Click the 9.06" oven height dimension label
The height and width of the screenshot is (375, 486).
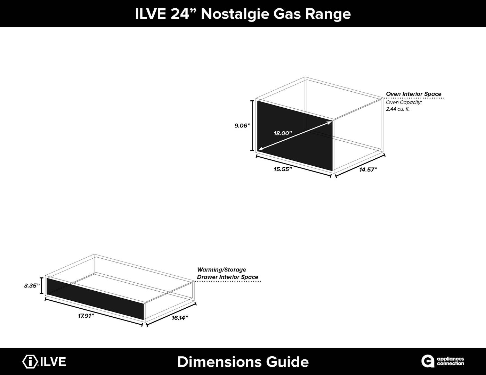242,126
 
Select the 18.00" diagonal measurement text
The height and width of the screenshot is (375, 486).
283,133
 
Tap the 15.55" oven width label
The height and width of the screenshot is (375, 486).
283,169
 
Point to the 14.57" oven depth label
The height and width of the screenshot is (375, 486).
368,170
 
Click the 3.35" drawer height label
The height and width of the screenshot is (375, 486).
32,286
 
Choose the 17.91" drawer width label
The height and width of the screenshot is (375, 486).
86,316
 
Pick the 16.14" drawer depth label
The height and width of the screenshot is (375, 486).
180,318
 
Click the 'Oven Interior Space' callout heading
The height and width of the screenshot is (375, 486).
414,94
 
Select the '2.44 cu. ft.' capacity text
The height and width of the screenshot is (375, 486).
398,109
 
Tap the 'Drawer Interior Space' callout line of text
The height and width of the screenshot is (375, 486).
227,277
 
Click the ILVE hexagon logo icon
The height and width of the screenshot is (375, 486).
30,361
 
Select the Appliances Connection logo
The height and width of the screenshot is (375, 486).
443,361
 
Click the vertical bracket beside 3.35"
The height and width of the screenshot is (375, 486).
42,285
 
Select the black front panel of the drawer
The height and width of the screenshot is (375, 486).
95,298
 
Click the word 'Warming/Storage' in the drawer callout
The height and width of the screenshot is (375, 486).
221,270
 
